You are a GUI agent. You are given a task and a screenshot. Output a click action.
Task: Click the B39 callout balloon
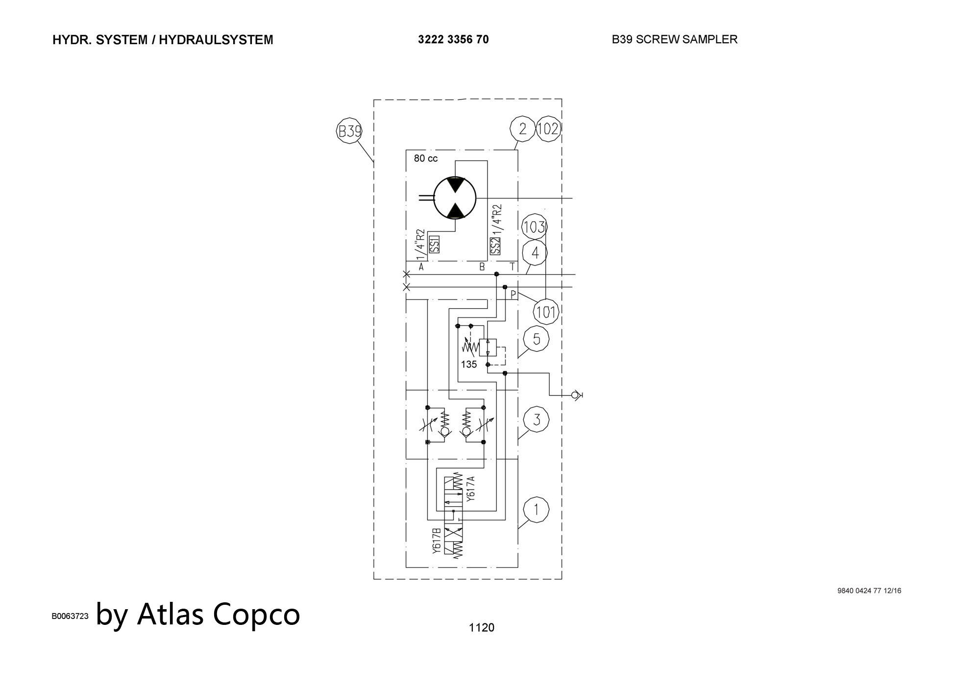[x=349, y=131]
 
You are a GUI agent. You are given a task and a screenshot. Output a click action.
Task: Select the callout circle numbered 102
[x=548, y=129]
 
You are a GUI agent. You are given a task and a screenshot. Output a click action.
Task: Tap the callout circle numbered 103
[x=534, y=227]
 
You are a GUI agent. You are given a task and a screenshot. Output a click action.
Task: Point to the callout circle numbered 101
[x=546, y=312]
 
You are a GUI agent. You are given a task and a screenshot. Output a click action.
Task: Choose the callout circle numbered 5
[x=536, y=339]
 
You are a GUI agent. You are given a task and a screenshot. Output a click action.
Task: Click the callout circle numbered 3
[x=536, y=420]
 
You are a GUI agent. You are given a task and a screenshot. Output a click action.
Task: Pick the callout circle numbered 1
[x=536, y=510]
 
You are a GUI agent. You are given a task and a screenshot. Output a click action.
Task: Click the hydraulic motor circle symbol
[x=455, y=198]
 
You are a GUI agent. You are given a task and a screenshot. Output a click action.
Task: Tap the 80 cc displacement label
[x=426, y=158]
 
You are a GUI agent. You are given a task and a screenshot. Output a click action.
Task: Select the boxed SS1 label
[x=434, y=245]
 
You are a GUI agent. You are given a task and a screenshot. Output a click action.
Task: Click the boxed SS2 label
[x=495, y=246]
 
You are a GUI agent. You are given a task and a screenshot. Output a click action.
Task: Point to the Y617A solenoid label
[x=471, y=489]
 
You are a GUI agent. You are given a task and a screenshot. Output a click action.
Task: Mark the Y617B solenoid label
[x=437, y=541]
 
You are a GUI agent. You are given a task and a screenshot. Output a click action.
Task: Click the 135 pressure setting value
[x=469, y=365]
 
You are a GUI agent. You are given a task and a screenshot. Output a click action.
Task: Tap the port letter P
[x=513, y=295]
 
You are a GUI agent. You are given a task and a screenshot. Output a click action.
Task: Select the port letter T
[x=513, y=267]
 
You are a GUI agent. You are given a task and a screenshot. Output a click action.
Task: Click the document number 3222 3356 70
[x=453, y=40]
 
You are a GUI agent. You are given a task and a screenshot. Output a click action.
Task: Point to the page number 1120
[x=482, y=628]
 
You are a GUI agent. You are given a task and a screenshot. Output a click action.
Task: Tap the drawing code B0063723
[x=70, y=616]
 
